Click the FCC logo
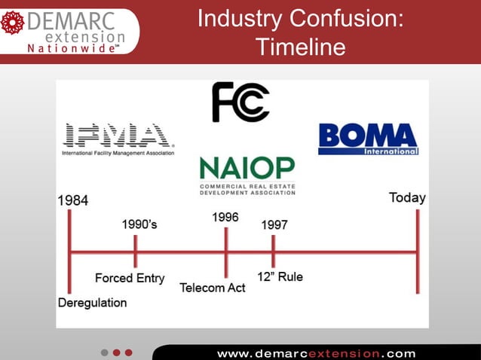pyautogui.click(x=240, y=102)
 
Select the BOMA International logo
pyautogui.click(x=368, y=139)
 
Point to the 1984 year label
pyautogui.click(x=73, y=200)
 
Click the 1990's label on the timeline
pyautogui.click(x=139, y=224)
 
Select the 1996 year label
pyautogui.click(x=225, y=217)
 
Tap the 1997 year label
pyautogui.click(x=274, y=224)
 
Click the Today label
pyautogui.click(x=407, y=198)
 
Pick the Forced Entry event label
pyautogui.click(x=130, y=278)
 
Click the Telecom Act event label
pyautogui.click(x=213, y=288)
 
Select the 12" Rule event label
pyautogui.click(x=280, y=276)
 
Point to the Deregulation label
pyautogui.click(x=93, y=303)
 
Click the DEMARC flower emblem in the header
pyautogui.click(x=13, y=23)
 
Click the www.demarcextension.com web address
pyautogui.click(x=316, y=352)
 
